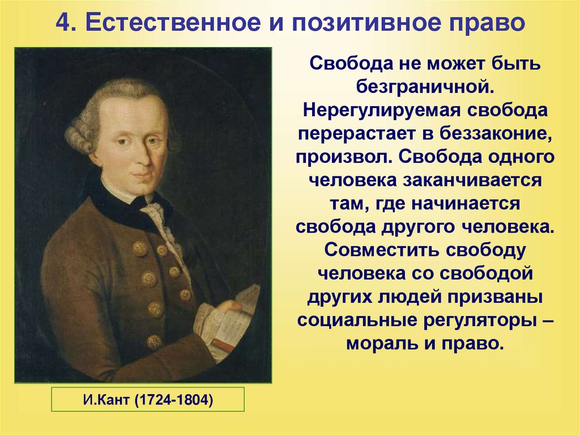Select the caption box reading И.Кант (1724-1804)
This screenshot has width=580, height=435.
[148, 399]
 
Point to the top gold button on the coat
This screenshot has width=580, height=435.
[140, 248]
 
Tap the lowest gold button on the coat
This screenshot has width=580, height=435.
[153, 342]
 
